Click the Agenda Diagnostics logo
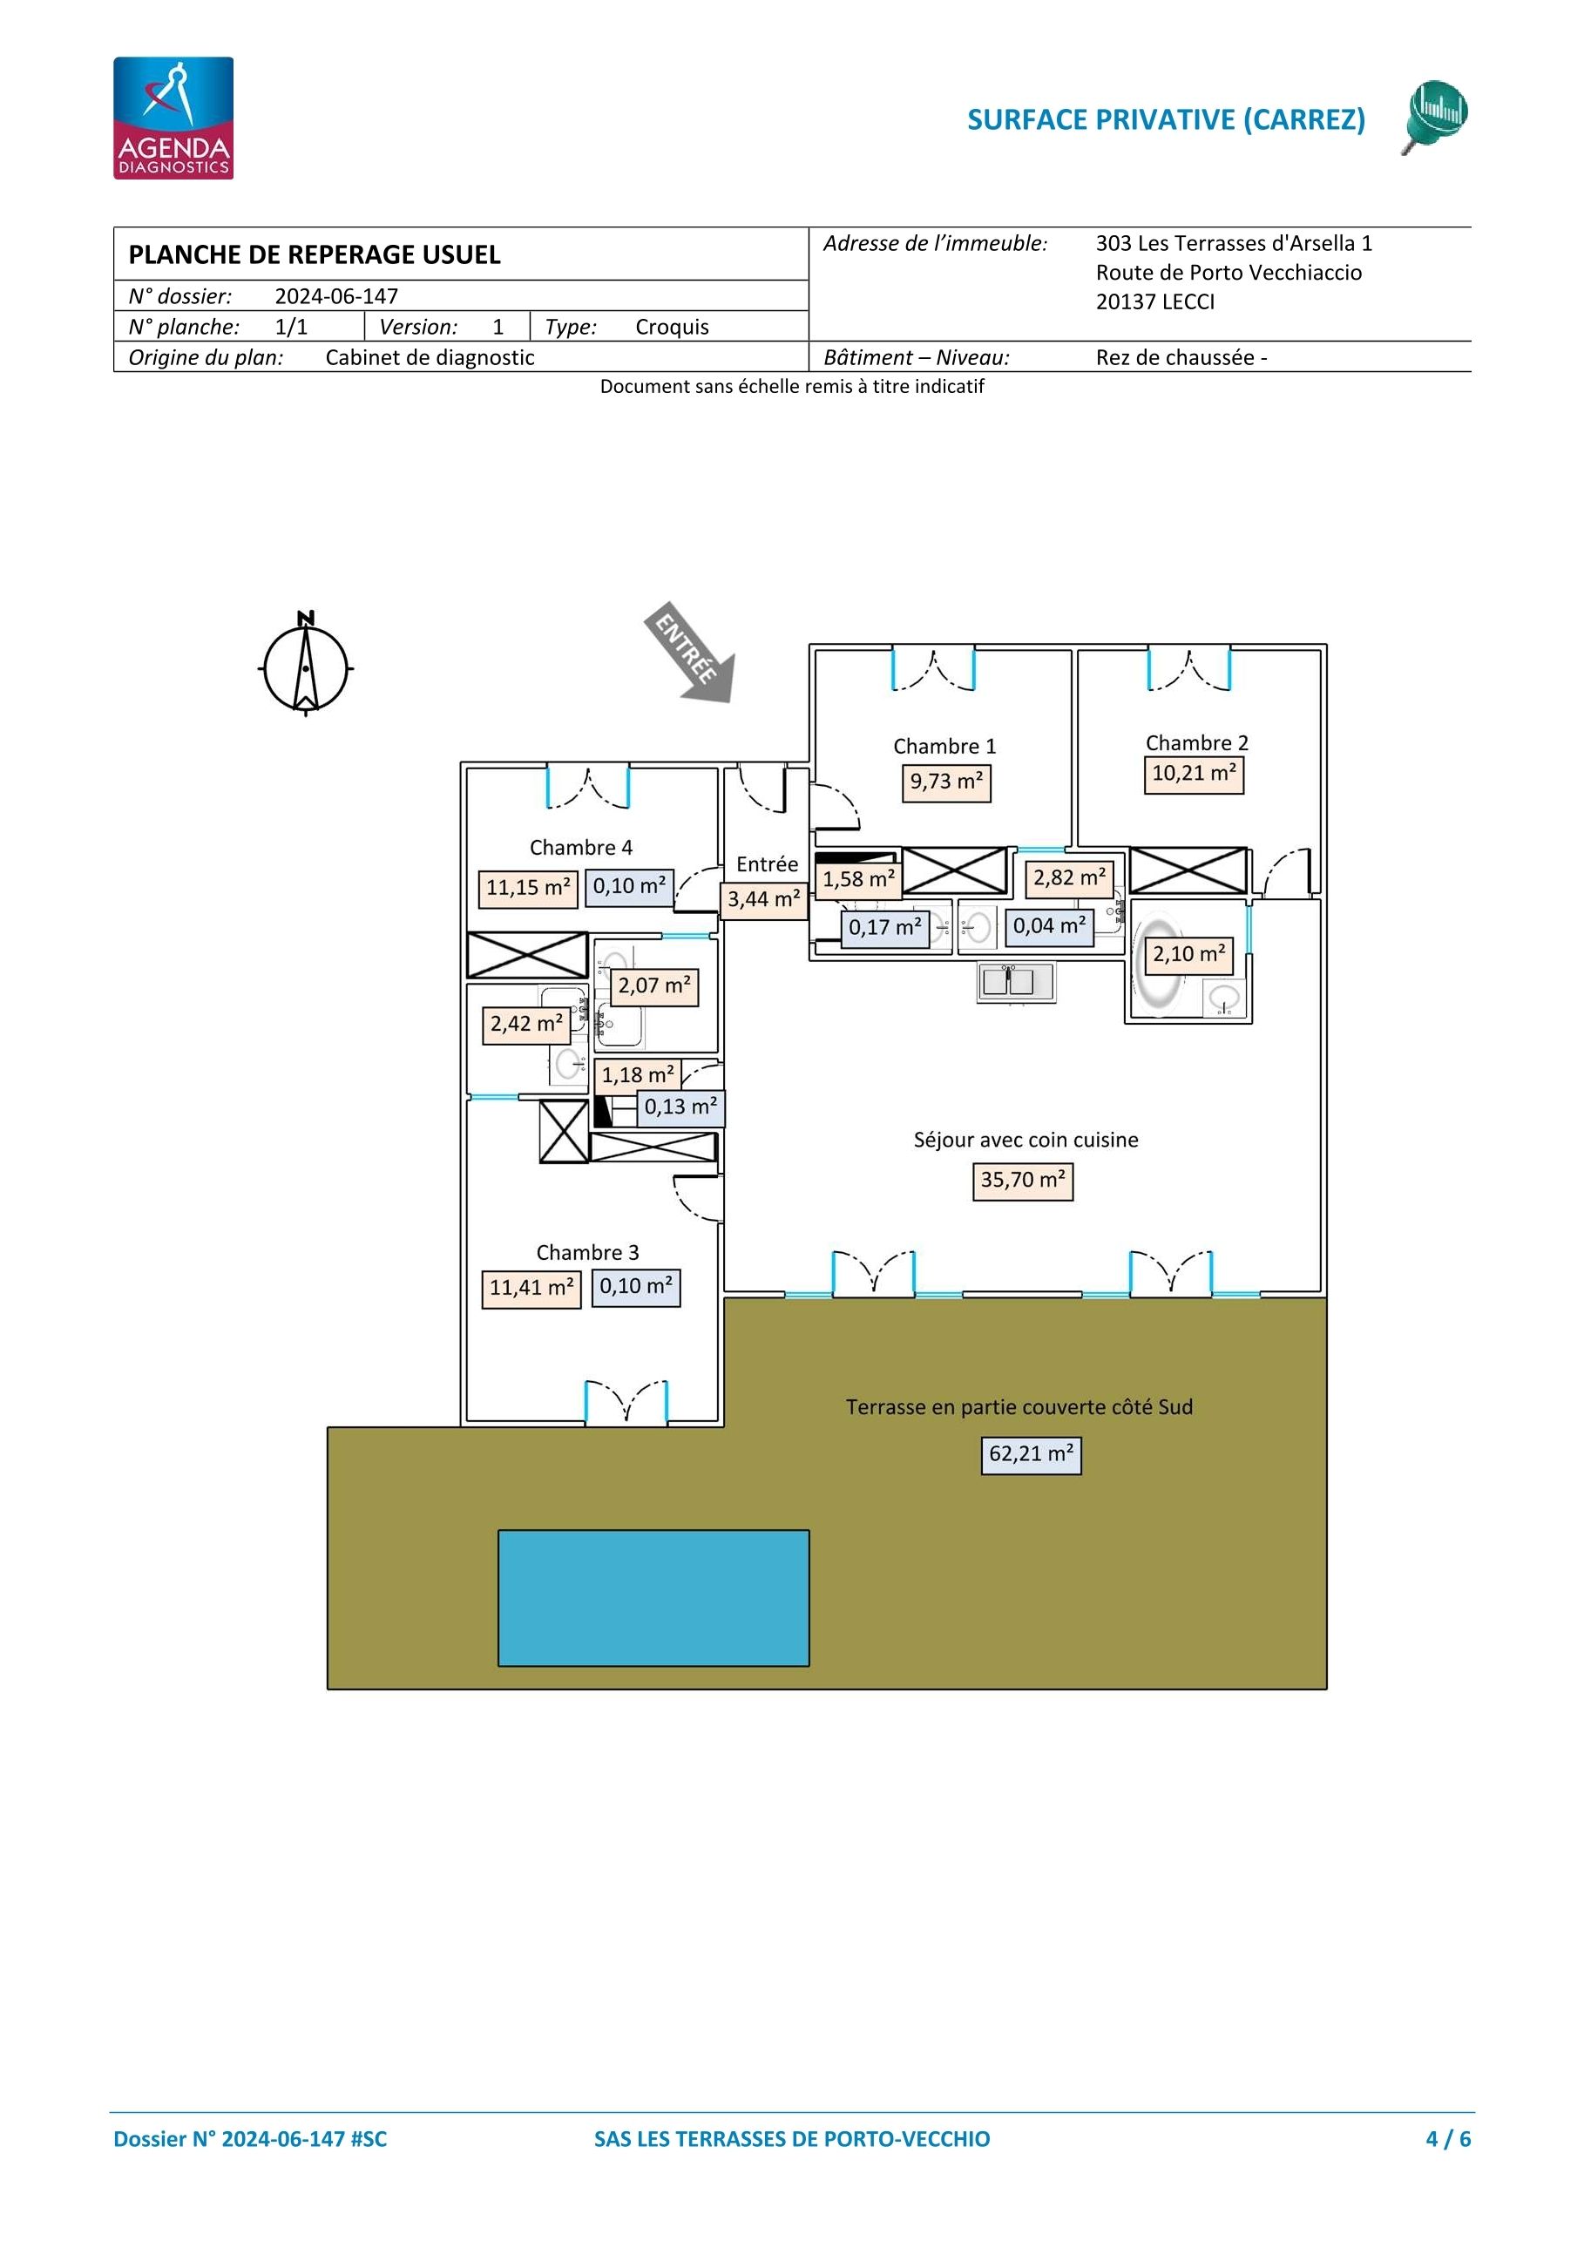(173, 118)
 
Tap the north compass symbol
(306, 665)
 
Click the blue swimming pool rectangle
(653, 1598)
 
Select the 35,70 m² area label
(1023, 1181)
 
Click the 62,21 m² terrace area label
(1031, 1455)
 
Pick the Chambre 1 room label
(944, 747)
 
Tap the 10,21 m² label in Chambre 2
(1194, 775)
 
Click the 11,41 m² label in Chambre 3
(531, 1290)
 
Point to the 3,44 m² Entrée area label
(764, 900)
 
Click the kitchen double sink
(1016, 982)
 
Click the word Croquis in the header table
(673, 327)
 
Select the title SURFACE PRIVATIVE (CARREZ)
(1167, 119)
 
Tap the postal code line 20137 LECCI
(1155, 301)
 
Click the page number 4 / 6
(1448, 2138)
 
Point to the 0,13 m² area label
(681, 1107)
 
